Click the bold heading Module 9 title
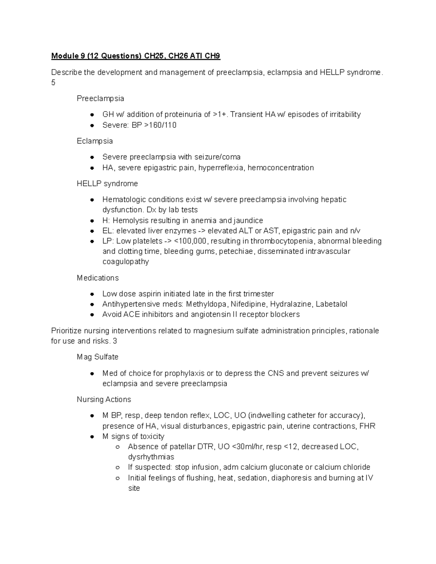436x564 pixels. tap(136, 56)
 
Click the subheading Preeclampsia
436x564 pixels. tap(100, 98)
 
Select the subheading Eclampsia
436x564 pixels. tap(95, 141)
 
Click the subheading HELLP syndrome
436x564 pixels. tap(107, 183)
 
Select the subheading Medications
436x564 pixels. tap(98, 278)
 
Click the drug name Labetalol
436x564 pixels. tap(331, 304)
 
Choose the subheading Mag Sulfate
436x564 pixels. tap(98, 357)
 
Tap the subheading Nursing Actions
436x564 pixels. tap(104, 399)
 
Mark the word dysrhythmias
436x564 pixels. tap(151, 457)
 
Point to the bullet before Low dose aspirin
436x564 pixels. tap(93, 294)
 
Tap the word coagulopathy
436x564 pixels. tap(126, 261)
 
